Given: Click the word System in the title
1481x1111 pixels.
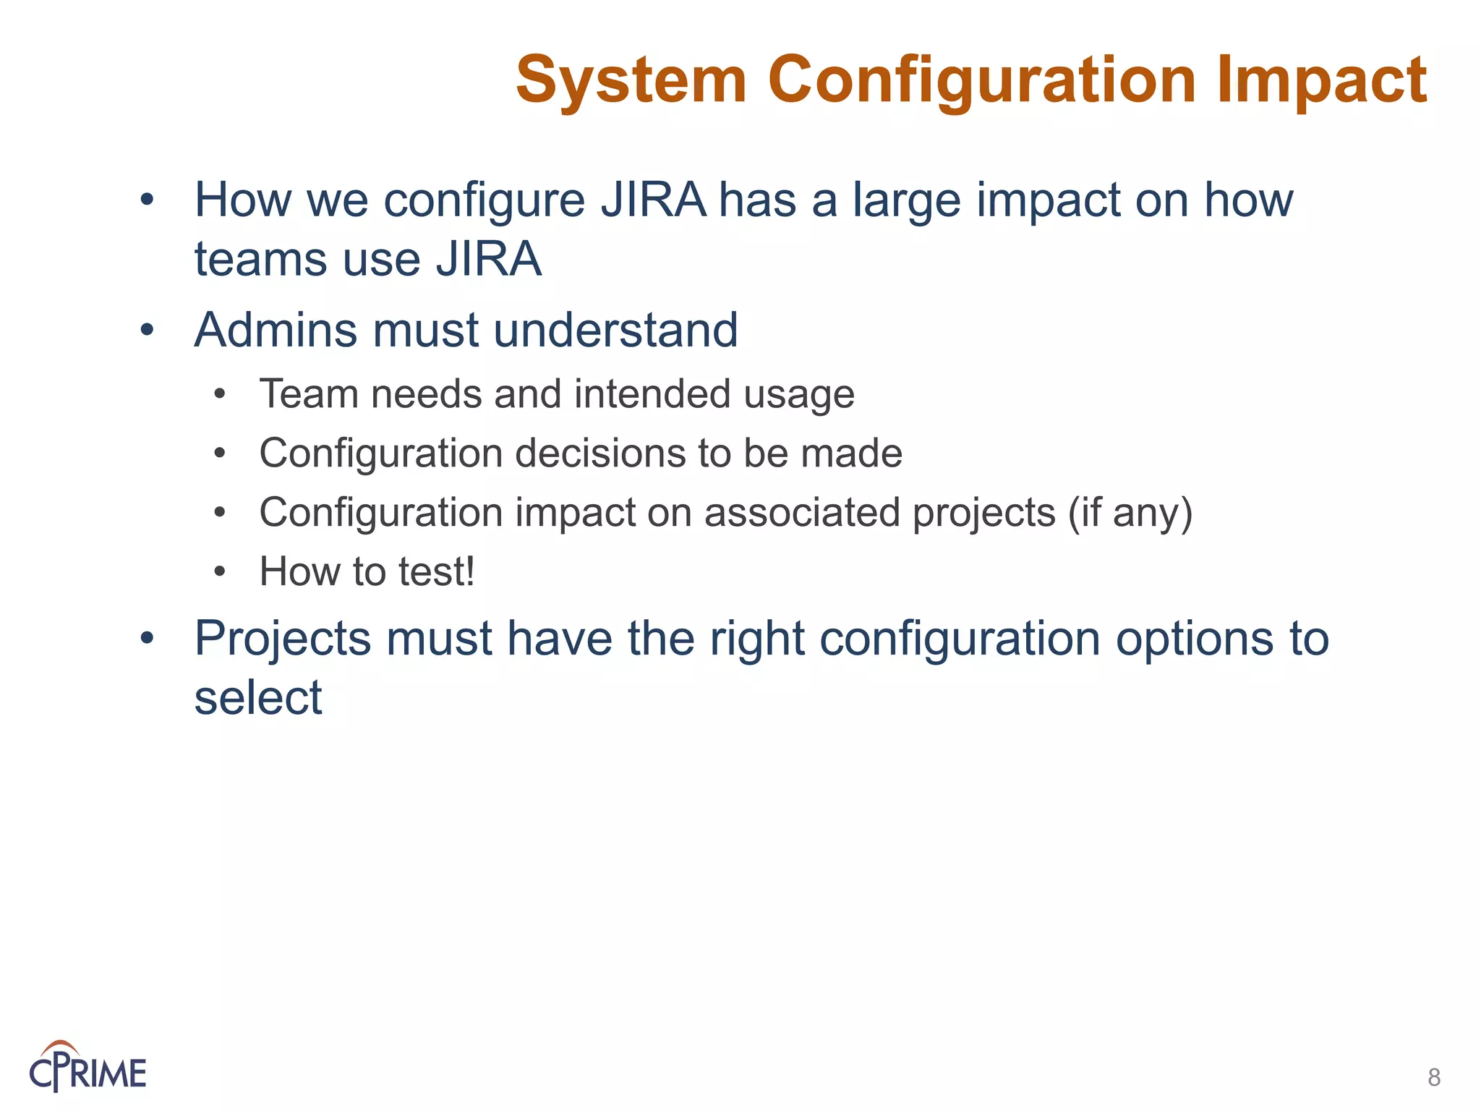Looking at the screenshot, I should [631, 81].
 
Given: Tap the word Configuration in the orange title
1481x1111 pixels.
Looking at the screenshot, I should [981, 81].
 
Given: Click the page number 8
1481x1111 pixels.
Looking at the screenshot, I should [1434, 1078].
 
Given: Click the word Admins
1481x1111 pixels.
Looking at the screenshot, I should [276, 331].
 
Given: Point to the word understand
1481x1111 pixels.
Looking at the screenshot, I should [615, 331].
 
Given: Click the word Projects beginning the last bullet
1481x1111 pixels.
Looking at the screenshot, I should [283, 640].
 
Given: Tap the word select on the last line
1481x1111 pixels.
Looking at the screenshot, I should [258, 699].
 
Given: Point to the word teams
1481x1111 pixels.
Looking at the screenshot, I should [263, 260].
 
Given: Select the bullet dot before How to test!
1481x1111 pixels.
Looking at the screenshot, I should [220, 573].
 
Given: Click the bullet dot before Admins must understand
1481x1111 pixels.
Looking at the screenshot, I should [148, 331].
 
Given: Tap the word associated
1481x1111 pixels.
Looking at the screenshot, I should [803, 514].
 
